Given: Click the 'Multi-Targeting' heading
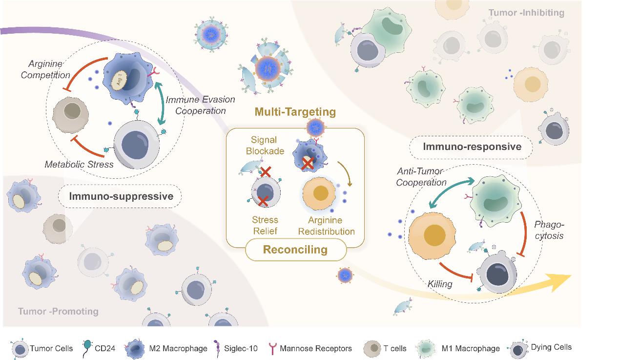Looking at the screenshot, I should (295, 112).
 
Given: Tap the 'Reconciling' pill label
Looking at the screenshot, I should (295, 250).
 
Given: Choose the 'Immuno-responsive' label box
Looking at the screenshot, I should (472, 147).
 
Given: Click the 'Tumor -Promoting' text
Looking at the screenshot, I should (58, 311).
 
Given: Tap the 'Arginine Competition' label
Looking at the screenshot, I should (49, 70).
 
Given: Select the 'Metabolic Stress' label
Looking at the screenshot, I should (79, 165).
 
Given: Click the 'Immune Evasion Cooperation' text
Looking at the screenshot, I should (200, 105).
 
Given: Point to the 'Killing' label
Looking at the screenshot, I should (440, 284).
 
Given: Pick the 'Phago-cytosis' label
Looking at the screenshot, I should (549, 230).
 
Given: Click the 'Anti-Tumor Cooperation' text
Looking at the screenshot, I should (420, 177).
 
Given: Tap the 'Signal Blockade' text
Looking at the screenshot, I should (265, 146).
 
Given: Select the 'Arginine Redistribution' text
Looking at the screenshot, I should (327, 226).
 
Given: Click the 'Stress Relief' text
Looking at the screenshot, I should (265, 226).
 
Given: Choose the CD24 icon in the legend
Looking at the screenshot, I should (87, 347).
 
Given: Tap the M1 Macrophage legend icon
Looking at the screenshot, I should (427, 348).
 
